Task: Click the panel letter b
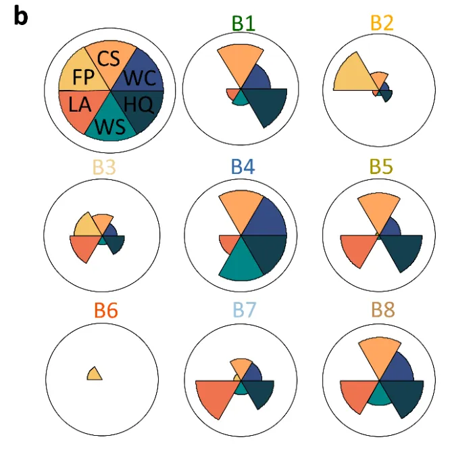(x=21, y=16)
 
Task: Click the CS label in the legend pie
(x=108, y=59)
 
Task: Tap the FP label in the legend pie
(x=83, y=77)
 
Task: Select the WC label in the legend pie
(x=141, y=78)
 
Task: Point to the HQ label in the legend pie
(x=139, y=104)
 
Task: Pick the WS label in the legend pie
(x=110, y=127)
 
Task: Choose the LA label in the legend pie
(x=80, y=104)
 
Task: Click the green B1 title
(x=243, y=23)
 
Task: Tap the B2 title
(x=382, y=22)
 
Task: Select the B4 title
(x=243, y=166)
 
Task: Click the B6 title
(x=106, y=311)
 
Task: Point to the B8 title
(x=383, y=310)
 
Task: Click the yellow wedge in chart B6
(x=95, y=375)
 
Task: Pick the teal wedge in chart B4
(x=241, y=263)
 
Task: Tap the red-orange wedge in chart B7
(x=216, y=395)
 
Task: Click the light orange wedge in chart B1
(x=241, y=62)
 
